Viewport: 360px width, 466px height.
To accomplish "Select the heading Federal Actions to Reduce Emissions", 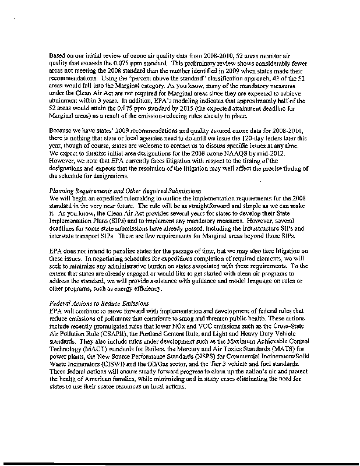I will (100, 303).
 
